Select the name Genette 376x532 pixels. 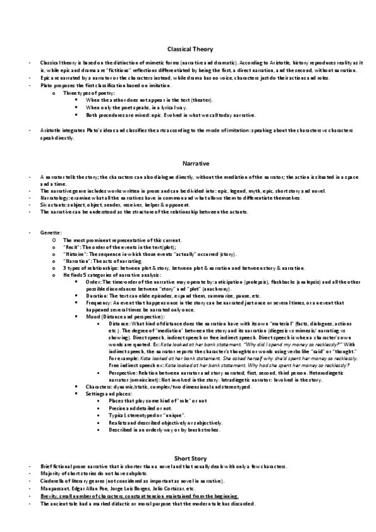[x=49, y=233]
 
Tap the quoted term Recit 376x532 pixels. [x=71, y=248]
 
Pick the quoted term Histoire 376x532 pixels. [x=75, y=255]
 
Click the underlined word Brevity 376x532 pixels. [x=49, y=495]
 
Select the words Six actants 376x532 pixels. [x=51, y=205]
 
